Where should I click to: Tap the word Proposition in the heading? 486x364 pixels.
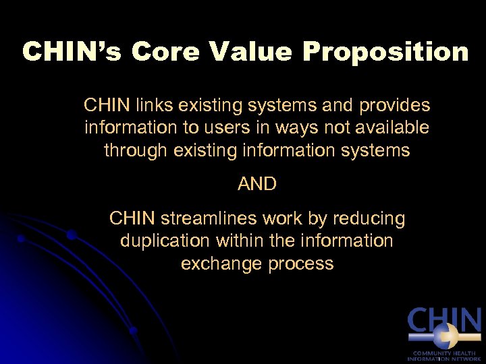pos(385,52)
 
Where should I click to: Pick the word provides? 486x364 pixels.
pos(396,105)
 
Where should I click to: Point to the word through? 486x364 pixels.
pos(136,150)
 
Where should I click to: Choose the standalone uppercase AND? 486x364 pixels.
pos(256,184)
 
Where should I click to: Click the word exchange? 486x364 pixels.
pos(221,263)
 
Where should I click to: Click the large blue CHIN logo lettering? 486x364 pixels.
pos(444,320)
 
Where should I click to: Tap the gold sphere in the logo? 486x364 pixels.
pos(442,334)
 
